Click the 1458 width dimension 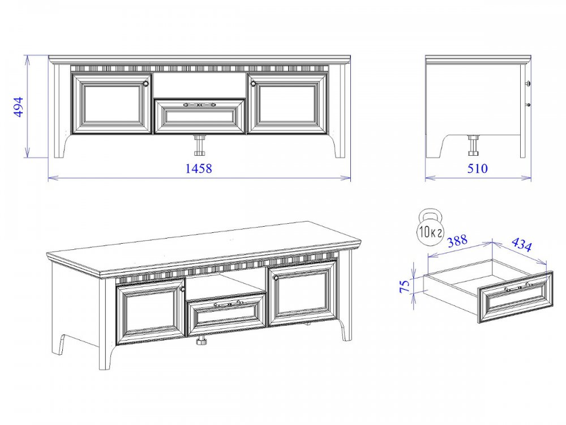pyautogui.click(x=199, y=168)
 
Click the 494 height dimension pyautogui.click(x=18, y=107)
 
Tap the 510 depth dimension pyautogui.click(x=477, y=168)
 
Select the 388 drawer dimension pyautogui.click(x=457, y=241)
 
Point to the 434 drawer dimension pyautogui.click(x=522, y=245)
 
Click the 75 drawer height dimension pyautogui.click(x=406, y=286)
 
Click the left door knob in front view pyautogui.click(x=146, y=84)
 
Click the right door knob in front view pyautogui.click(x=252, y=84)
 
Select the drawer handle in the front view pyautogui.click(x=199, y=105)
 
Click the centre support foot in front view pyautogui.click(x=199, y=145)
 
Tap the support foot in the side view pyautogui.click(x=473, y=145)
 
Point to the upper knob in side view pyautogui.click(x=528, y=83)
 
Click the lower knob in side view pyautogui.click(x=528, y=105)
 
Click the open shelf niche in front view pyautogui.click(x=200, y=86)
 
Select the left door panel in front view pyautogui.click(x=112, y=104)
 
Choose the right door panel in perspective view pyautogui.click(x=302, y=293)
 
